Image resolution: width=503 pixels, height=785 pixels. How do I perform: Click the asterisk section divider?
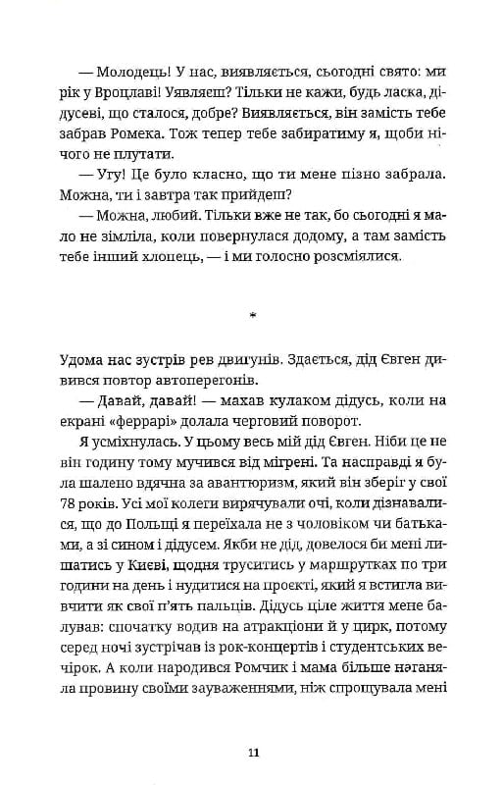[253, 318]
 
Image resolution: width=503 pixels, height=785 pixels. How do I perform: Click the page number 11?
[253, 753]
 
